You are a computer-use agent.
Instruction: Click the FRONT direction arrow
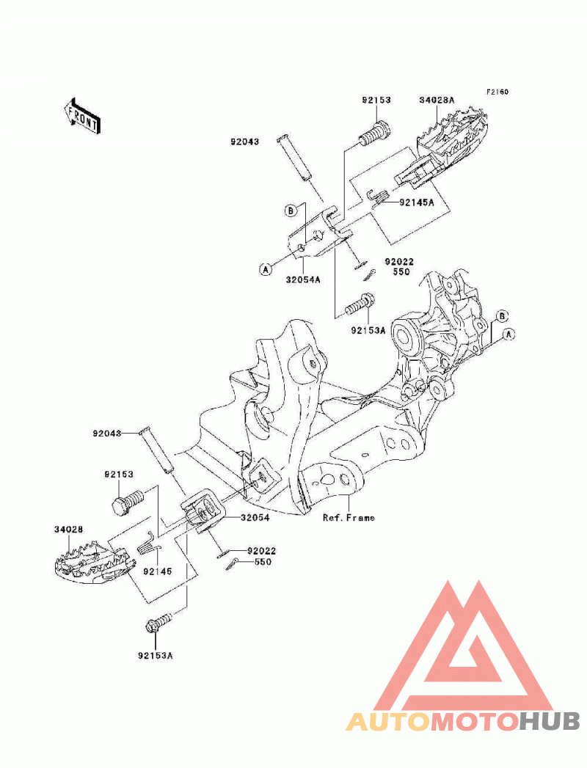coord(82,116)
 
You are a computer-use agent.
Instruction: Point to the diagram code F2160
coord(497,92)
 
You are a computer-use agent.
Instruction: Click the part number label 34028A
coord(437,100)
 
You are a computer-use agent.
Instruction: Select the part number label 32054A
coord(303,279)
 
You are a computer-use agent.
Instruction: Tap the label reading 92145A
coord(417,202)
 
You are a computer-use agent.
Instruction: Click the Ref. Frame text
coord(349,517)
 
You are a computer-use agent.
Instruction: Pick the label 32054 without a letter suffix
coord(255,517)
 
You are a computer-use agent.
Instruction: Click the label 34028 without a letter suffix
coord(68,530)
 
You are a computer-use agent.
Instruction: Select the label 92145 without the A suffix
coord(157,571)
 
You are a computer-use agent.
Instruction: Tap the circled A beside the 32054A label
coord(265,269)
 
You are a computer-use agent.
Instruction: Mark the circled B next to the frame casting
coord(502,316)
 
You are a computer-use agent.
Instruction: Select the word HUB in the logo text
coord(550,722)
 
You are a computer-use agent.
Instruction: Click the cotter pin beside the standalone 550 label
coord(233,564)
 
